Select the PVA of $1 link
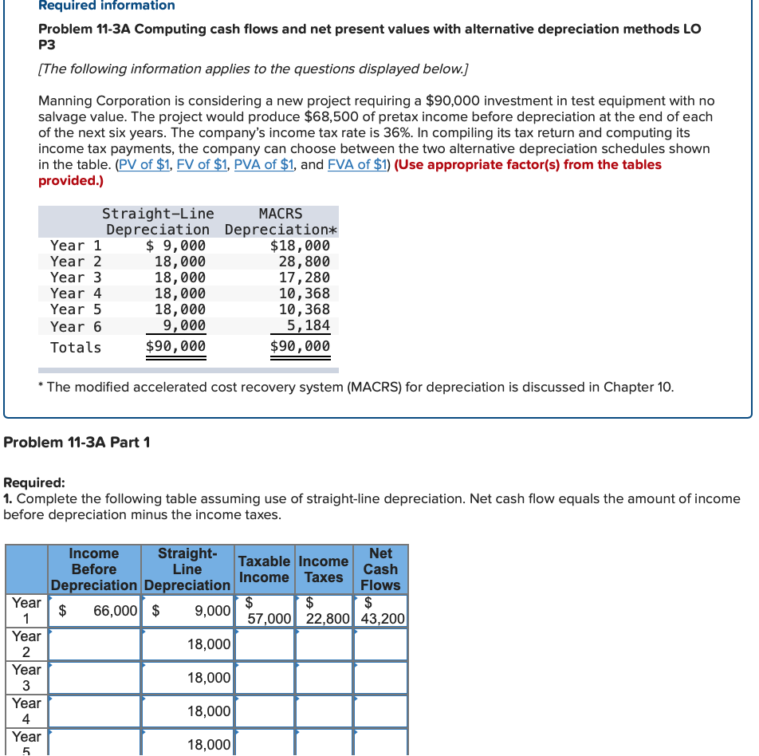coord(262,164)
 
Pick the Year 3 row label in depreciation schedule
coord(76,278)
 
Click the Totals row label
coord(76,348)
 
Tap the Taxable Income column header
coord(264,569)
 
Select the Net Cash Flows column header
coord(380,569)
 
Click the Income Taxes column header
coord(324,569)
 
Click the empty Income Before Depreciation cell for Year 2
coord(96,644)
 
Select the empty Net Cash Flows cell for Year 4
coord(381,711)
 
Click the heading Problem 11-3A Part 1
coord(77,443)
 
